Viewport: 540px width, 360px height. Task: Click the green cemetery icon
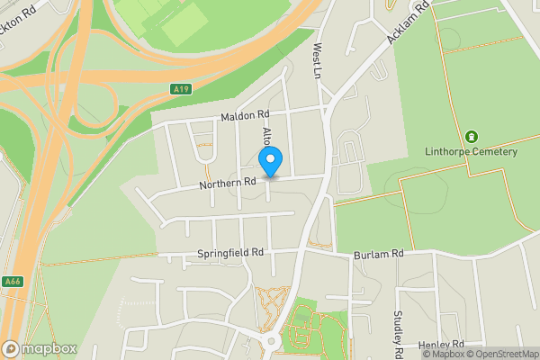tap(471, 137)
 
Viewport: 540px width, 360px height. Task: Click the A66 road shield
tap(12, 281)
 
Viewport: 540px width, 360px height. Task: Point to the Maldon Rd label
tap(245, 115)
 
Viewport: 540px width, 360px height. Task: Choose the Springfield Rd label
tap(229, 254)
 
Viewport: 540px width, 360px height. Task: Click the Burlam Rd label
tap(377, 255)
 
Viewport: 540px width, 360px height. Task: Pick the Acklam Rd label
tap(409, 23)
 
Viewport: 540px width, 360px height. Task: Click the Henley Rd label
tap(441, 345)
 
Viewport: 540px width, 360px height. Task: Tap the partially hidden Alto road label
tap(266, 136)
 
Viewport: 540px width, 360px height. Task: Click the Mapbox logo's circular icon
tap(11, 348)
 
